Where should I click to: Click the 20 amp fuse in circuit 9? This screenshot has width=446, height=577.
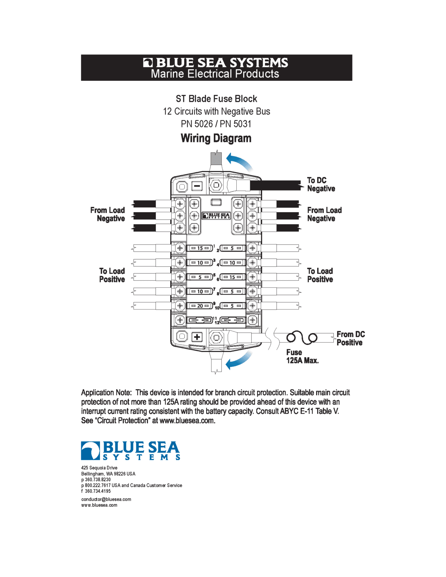[x=200, y=306]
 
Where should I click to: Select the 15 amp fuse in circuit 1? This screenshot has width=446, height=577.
[x=200, y=248]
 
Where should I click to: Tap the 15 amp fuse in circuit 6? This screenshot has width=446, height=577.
[x=233, y=277]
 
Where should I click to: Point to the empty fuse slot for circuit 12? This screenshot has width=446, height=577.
[x=233, y=320]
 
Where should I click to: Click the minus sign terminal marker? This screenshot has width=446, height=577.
[x=197, y=186]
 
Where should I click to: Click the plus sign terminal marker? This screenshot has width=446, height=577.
[x=197, y=337]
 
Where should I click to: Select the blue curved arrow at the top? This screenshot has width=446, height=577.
[x=239, y=162]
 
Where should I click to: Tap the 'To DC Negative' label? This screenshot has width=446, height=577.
[x=321, y=184]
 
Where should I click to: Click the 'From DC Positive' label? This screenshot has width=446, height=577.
[x=350, y=338]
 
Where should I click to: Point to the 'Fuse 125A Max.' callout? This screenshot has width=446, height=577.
[x=302, y=356]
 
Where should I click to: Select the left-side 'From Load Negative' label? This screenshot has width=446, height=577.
[x=107, y=214]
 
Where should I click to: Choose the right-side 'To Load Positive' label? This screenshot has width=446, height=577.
[x=320, y=275]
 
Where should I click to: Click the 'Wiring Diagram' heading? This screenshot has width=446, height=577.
[x=216, y=138]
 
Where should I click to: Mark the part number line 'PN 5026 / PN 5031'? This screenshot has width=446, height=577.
[x=216, y=124]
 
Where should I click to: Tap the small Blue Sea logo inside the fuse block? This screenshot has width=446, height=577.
[x=216, y=216]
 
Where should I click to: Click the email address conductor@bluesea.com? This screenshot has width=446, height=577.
[x=106, y=499]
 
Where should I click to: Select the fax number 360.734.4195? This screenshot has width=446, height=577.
[x=98, y=491]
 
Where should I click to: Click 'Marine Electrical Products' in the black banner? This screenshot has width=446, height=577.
[x=215, y=74]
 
